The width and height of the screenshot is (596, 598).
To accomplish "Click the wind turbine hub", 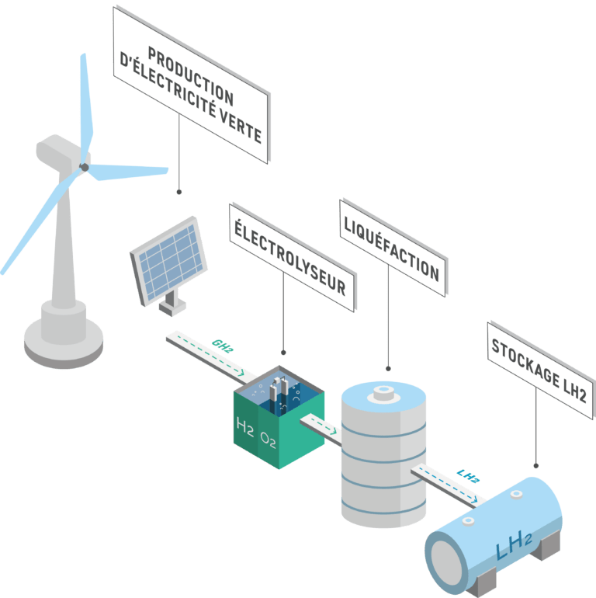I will [x=85, y=166].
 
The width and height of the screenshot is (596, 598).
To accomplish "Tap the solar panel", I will [x=169, y=257].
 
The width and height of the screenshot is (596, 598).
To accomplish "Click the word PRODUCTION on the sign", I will [x=189, y=76].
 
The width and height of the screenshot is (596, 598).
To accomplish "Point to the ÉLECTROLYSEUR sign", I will [x=292, y=252].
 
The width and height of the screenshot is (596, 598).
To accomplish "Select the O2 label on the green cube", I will [x=268, y=442].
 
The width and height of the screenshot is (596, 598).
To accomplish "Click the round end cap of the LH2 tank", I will [x=447, y=558].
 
